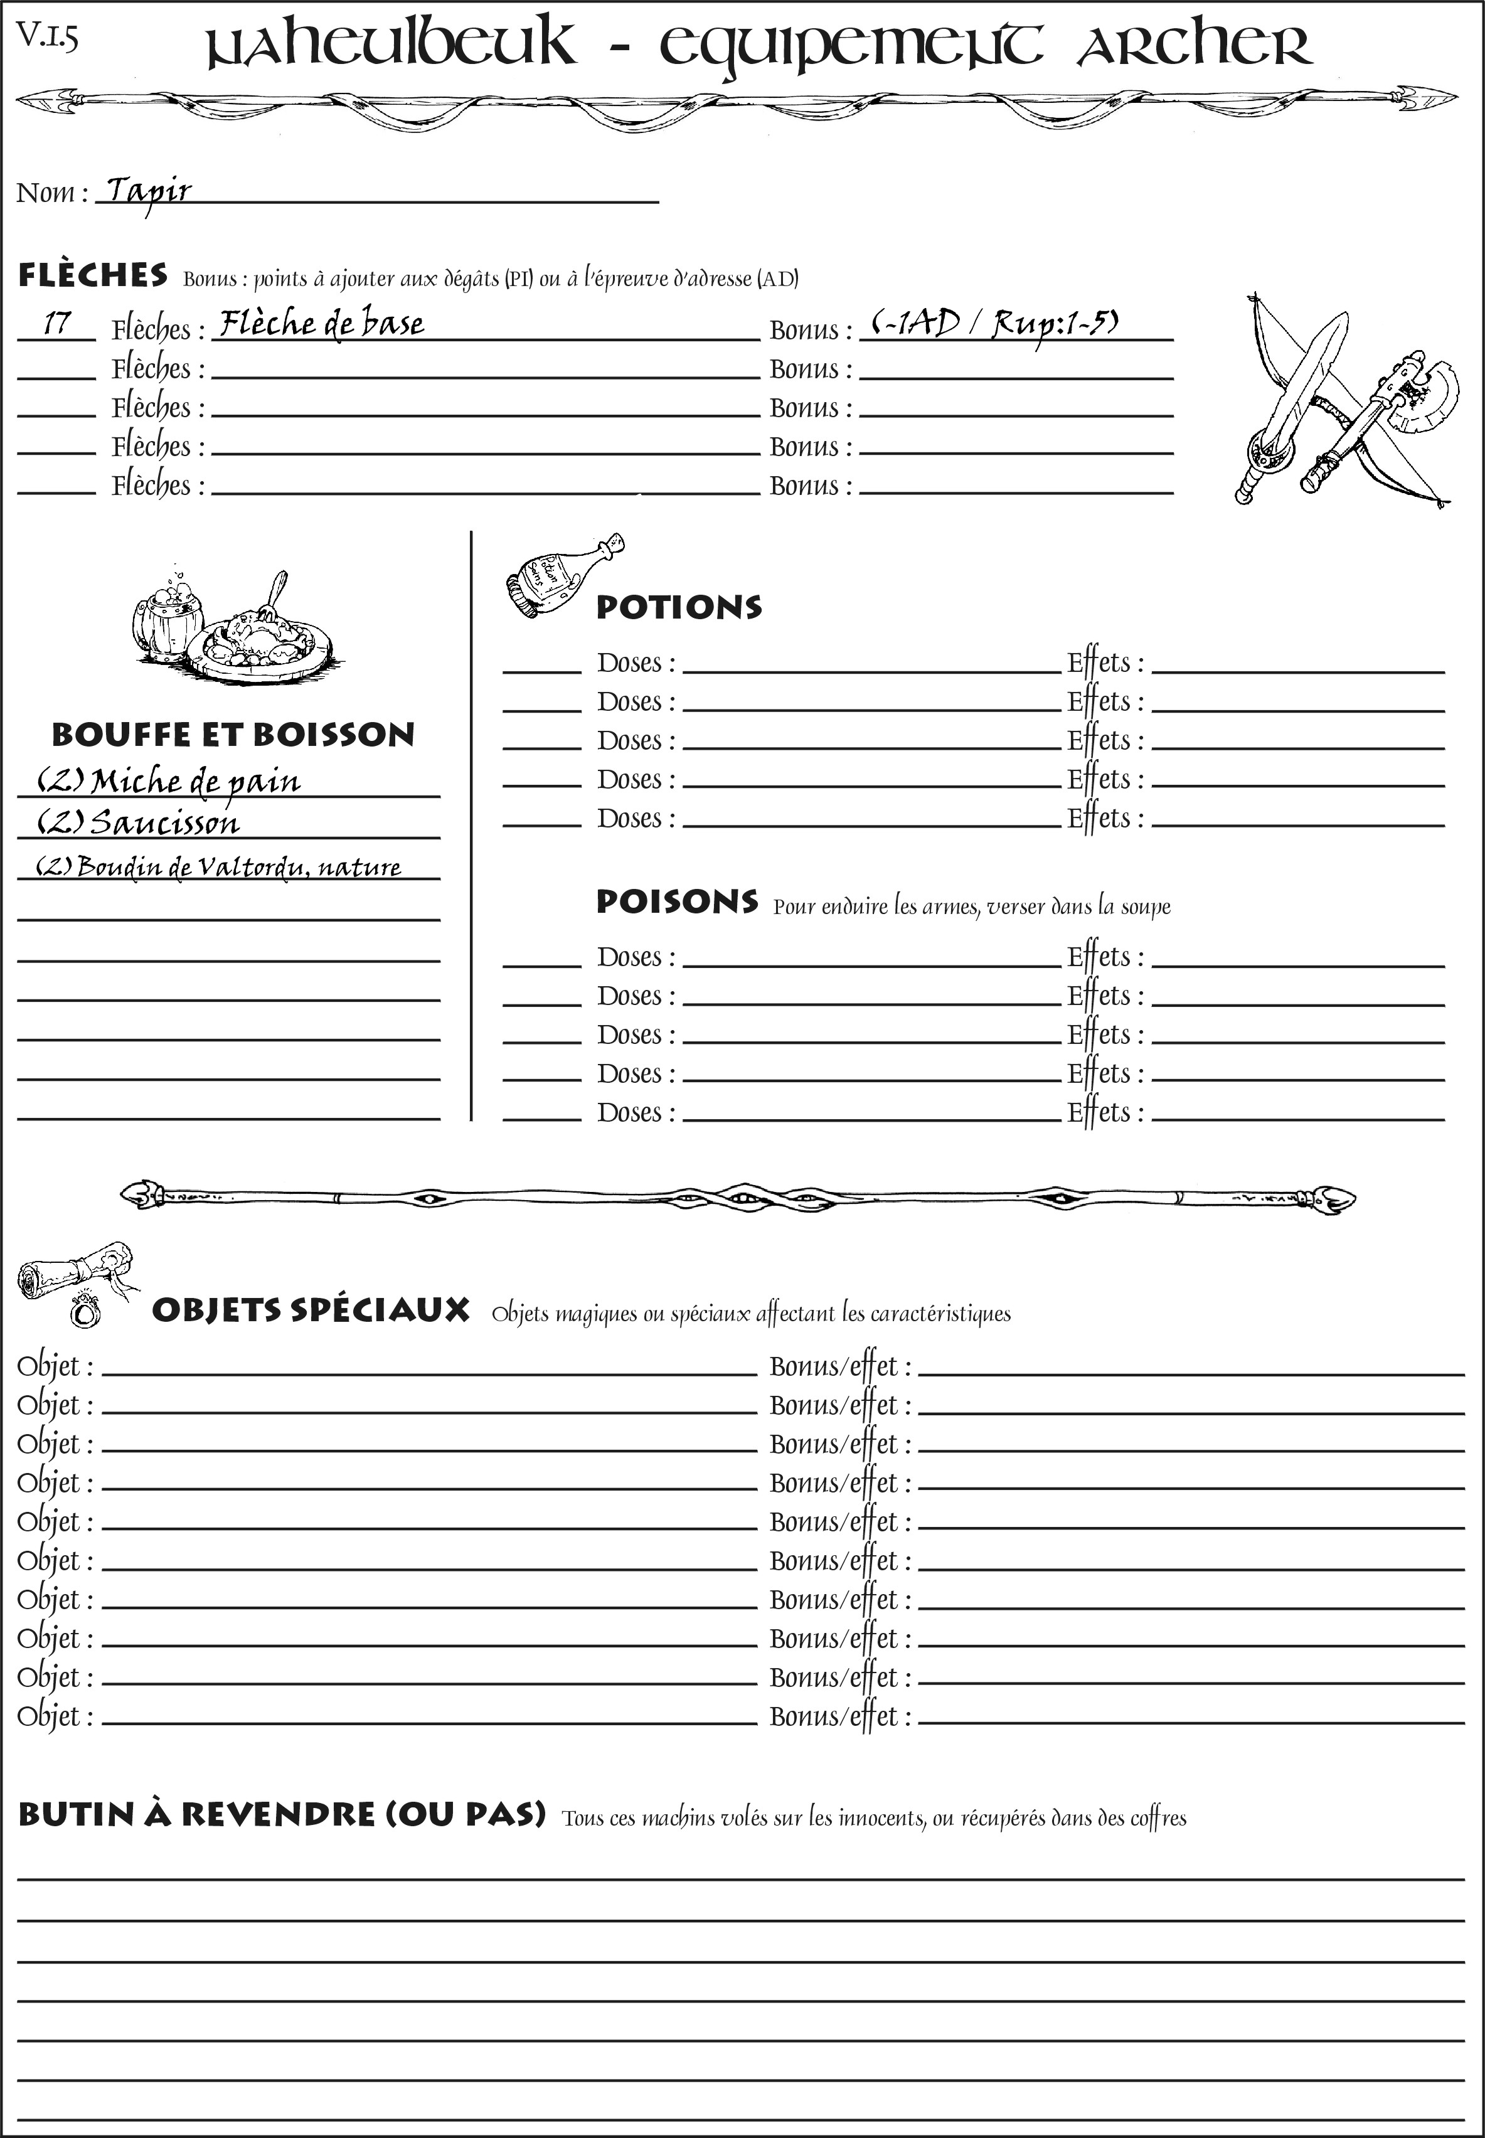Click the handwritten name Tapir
point(149,192)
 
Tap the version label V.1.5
point(46,37)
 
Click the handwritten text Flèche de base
point(321,324)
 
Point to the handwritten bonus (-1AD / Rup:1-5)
point(994,324)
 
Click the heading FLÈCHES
point(93,275)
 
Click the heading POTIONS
point(678,607)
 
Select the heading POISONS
point(676,901)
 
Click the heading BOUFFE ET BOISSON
point(233,734)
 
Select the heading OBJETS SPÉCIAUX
point(310,1310)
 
